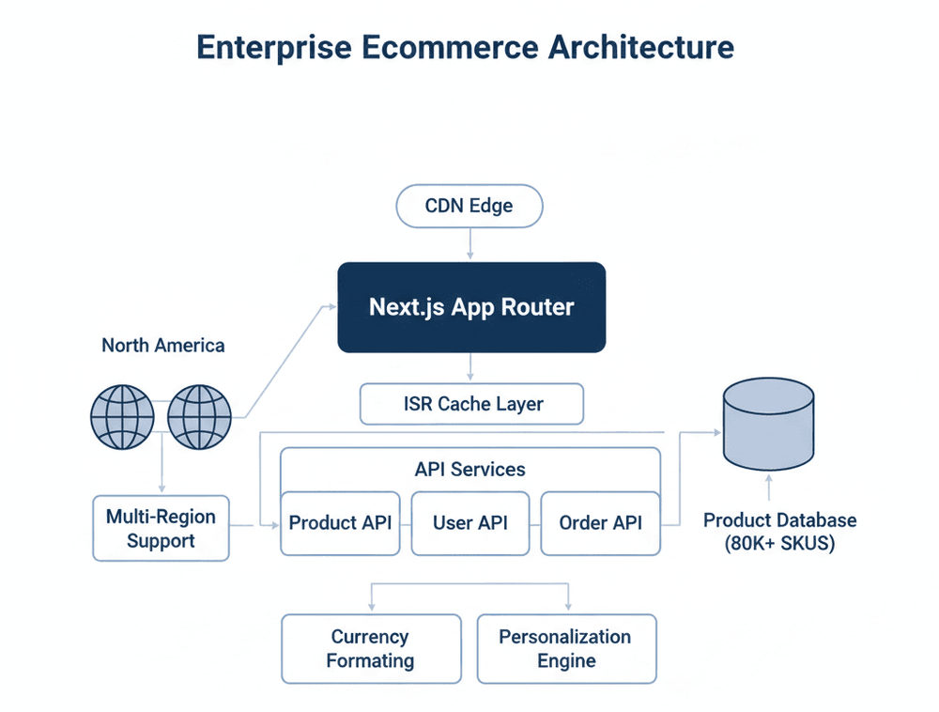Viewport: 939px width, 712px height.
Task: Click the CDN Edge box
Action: [469, 206]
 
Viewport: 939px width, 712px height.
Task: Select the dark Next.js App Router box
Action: [471, 307]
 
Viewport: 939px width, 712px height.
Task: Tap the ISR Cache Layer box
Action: [471, 404]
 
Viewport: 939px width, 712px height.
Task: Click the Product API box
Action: [341, 523]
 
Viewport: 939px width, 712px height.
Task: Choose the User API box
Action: [470, 523]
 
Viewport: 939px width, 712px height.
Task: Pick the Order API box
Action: [600, 523]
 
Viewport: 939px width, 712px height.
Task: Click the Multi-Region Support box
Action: [161, 529]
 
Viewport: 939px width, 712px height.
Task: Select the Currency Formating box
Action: [370, 649]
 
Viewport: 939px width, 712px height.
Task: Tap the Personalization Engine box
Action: [565, 649]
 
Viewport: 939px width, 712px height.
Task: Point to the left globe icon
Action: [122, 416]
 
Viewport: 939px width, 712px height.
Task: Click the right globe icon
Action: [199, 416]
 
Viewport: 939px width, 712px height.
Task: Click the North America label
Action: [163, 346]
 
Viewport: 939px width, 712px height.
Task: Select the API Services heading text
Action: [470, 469]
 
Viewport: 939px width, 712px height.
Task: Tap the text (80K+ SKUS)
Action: [779, 544]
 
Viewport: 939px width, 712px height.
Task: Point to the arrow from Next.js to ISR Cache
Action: [469, 366]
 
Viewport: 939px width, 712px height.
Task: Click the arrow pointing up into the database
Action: [769, 487]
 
